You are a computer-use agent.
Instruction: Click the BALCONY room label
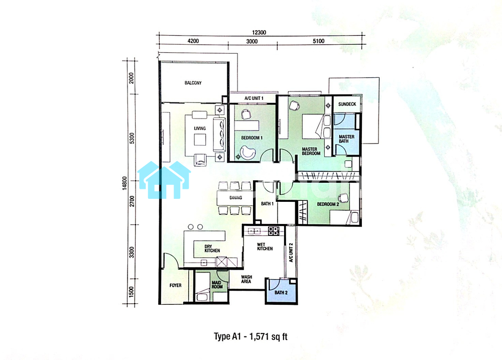coord(193,83)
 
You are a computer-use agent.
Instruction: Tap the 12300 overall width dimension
coord(259,32)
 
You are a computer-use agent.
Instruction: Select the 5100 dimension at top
coord(319,41)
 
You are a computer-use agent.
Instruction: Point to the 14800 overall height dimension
coord(124,183)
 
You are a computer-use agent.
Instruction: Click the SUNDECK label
coord(347,104)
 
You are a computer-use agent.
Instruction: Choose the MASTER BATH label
coord(346,139)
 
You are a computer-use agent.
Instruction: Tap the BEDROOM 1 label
coord(252,138)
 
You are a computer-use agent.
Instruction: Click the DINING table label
coord(235,198)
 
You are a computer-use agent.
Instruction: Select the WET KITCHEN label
coord(265,247)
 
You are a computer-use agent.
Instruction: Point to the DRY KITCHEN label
coord(212,249)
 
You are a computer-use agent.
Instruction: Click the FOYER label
coord(175,285)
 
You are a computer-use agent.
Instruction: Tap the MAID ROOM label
coord(217,285)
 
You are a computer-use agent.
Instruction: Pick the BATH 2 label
coord(281,292)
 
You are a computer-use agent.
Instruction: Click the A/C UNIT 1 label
coord(254,98)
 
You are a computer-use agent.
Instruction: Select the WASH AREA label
coord(246,279)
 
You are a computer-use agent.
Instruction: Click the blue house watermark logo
coord(164,180)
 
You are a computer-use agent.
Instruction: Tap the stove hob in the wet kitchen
coord(274,231)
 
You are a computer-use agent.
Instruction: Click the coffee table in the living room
coord(200,139)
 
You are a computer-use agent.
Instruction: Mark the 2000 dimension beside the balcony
coord(131,78)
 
